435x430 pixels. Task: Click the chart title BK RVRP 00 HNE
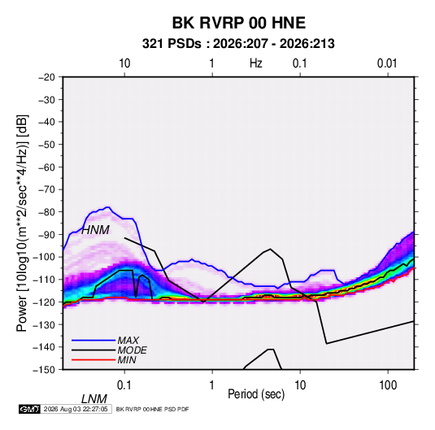coord(239,23)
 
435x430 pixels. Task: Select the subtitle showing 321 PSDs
coord(238,44)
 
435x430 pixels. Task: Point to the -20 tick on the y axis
coord(46,77)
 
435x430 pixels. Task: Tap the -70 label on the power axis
coord(46,189)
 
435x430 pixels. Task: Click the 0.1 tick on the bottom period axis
coord(124,385)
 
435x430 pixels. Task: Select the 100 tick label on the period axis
coord(388,385)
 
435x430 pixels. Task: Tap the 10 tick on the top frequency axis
coord(124,63)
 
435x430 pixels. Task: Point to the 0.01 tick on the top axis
coord(387,63)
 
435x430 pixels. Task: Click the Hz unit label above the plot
coord(256,63)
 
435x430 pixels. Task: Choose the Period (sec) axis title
coord(256,394)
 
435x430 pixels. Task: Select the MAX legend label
coord(128,341)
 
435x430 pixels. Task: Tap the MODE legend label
coord(132,350)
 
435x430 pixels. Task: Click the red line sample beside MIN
coord(94,360)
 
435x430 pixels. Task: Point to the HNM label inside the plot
coord(95,230)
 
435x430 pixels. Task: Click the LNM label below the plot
coord(94,399)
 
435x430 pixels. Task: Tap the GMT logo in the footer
coord(30,409)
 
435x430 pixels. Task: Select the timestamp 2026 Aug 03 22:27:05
coord(76,409)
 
